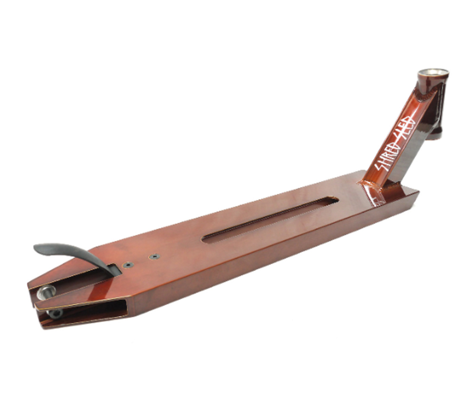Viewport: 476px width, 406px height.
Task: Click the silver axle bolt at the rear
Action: pos(45,292)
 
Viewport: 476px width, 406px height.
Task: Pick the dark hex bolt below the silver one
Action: pos(55,313)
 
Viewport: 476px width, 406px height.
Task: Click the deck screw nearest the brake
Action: pos(128,265)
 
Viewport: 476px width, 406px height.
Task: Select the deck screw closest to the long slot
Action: pos(155,257)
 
